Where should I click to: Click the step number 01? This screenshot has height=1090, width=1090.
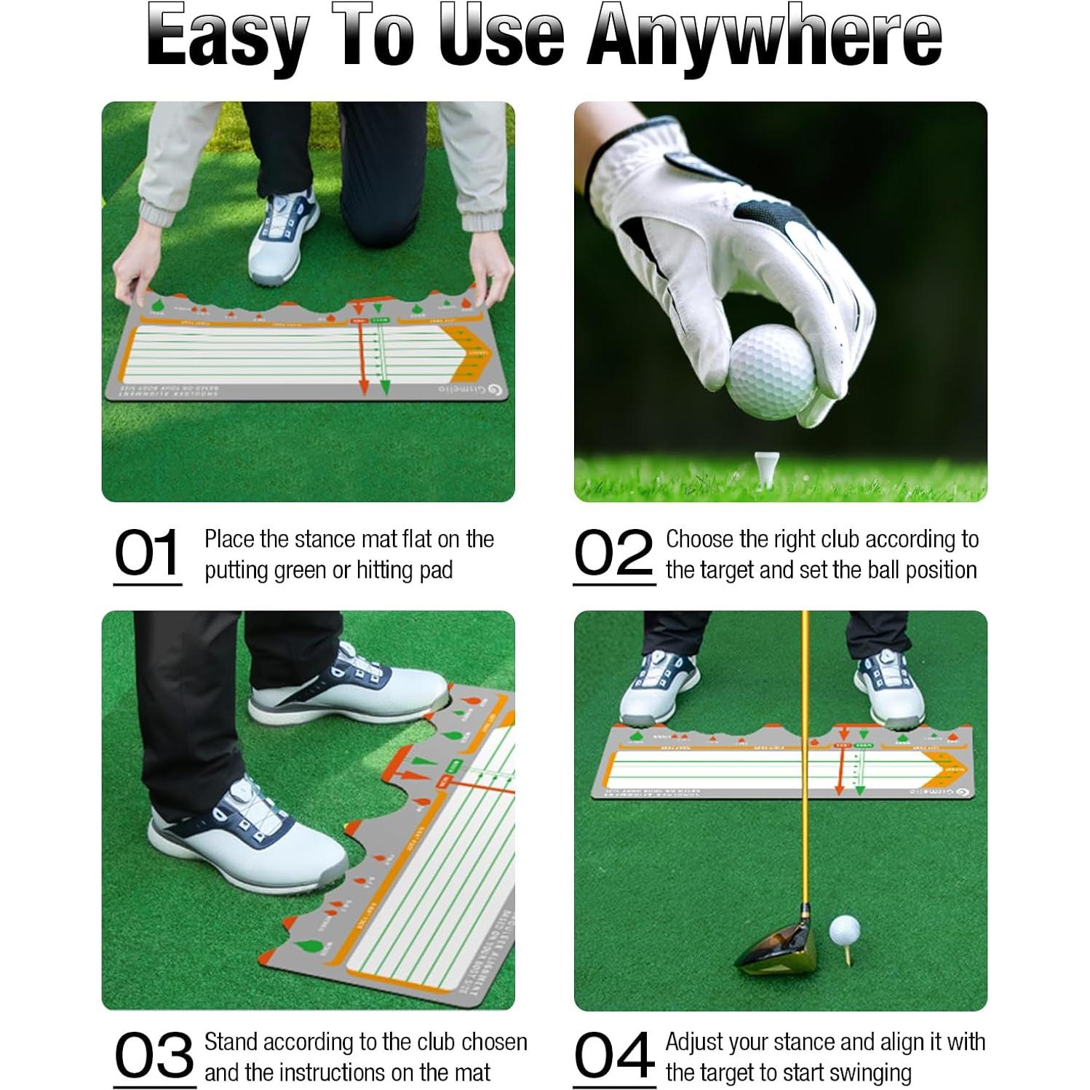click(x=147, y=553)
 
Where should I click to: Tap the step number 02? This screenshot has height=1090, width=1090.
click(x=613, y=553)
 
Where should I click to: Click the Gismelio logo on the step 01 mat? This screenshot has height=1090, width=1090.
click(x=473, y=390)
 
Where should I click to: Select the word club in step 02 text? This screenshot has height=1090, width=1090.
click(x=840, y=539)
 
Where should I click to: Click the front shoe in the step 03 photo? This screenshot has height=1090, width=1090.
click(x=244, y=837)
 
